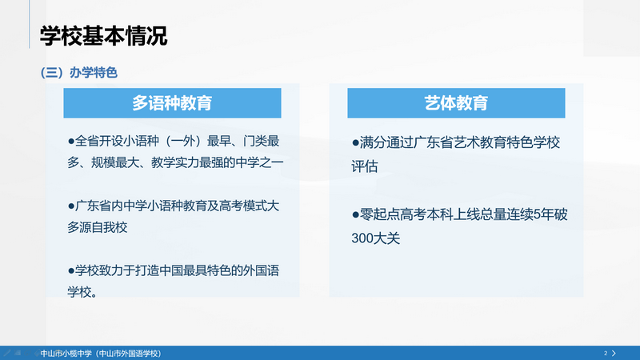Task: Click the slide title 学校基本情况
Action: click(104, 36)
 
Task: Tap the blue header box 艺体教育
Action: click(456, 103)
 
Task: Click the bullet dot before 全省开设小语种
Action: click(71, 142)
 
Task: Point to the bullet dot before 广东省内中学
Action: click(71, 206)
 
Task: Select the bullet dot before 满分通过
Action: click(356, 142)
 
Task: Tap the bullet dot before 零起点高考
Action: click(356, 214)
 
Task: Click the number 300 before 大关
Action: click(363, 238)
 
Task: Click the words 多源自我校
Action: click(98, 228)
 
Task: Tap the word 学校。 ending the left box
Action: click(83, 292)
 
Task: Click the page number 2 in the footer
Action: click(606, 353)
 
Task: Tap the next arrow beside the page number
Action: click(614, 353)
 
